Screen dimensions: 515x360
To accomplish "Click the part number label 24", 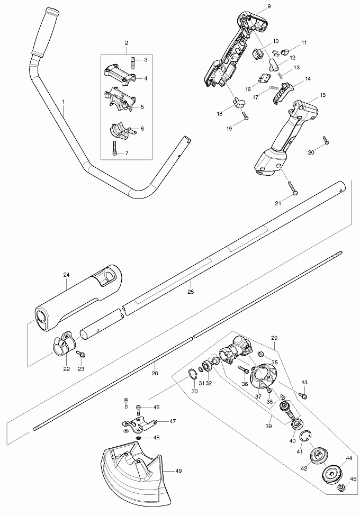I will click(66, 275).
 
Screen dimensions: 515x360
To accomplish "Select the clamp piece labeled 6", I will click(120, 129).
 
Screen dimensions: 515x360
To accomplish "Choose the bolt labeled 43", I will click(303, 394).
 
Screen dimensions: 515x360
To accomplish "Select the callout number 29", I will click(274, 337).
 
